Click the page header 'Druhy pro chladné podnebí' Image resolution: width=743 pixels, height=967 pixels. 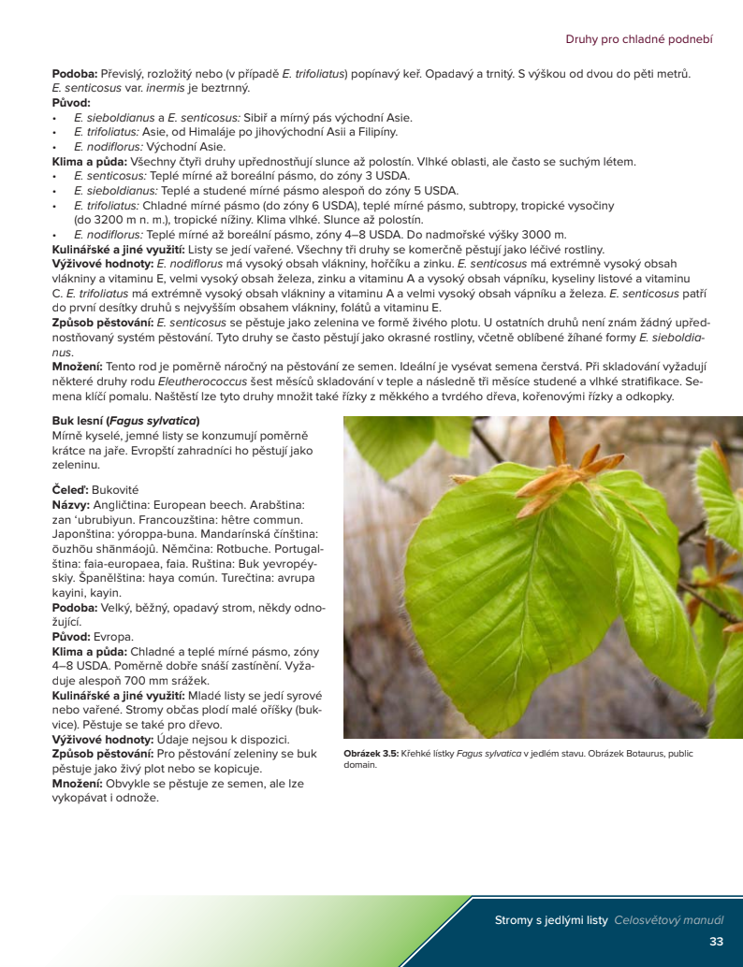point(639,39)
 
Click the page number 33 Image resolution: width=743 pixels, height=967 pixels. point(716,941)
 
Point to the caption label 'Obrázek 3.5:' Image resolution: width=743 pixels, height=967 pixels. point(371,753)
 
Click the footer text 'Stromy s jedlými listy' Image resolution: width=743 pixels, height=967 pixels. point(551,920)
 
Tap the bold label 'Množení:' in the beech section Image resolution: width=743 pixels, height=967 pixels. point(78,784)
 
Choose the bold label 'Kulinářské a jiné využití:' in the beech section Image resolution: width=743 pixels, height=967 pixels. point(119,696)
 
